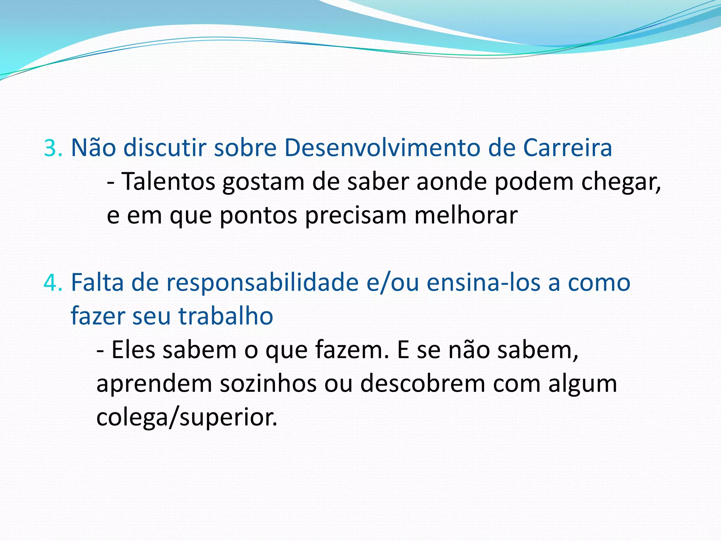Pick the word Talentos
tap(168, 182)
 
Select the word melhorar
tap(465, 215)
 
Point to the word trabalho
tap(226, 316)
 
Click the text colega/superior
tap(187, 418)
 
